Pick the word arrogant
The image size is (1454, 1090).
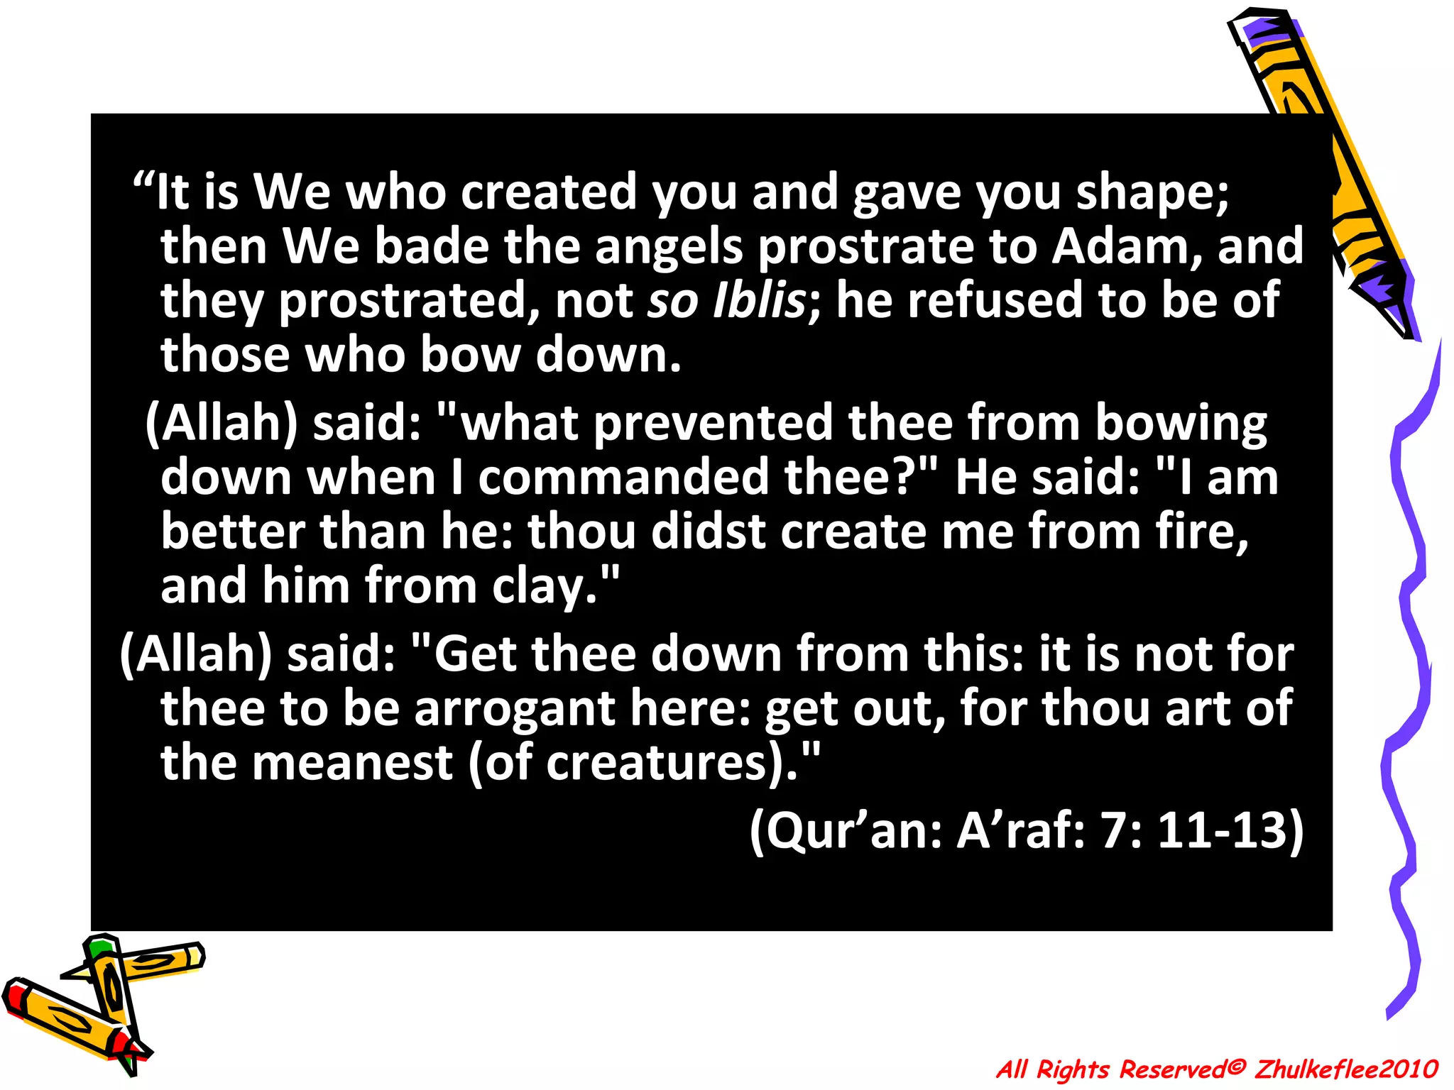pos(515,710)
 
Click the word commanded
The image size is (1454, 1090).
pos(623,477)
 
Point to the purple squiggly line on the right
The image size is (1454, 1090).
pos(1409,639)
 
